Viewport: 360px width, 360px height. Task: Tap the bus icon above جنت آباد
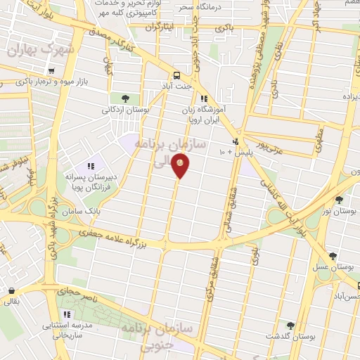(x=176, y=75)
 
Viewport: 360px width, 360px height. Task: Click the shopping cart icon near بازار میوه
(x=51, y=71)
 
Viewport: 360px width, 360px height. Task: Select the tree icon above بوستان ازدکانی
(x=125, y=98)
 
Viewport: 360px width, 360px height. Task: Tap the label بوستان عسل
(x=333, y=267)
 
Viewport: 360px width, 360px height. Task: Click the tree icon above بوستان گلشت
(x=290, y=325)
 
